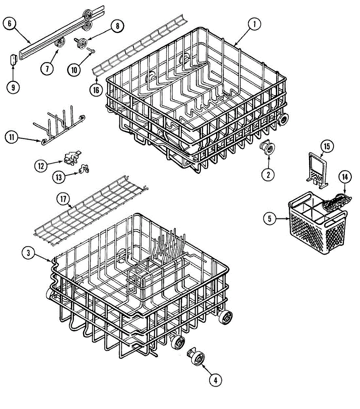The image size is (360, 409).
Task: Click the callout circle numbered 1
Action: (254, 24)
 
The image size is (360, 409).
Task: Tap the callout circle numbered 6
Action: (10, 24)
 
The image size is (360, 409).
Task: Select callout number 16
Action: (96, 90)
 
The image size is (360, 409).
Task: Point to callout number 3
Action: (29, 253)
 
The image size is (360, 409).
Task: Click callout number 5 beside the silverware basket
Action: (270, 218)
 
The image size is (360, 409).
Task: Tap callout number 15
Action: (327, 147)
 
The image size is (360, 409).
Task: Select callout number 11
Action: (12, 137)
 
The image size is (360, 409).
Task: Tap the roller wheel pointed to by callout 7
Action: (61, 43)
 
